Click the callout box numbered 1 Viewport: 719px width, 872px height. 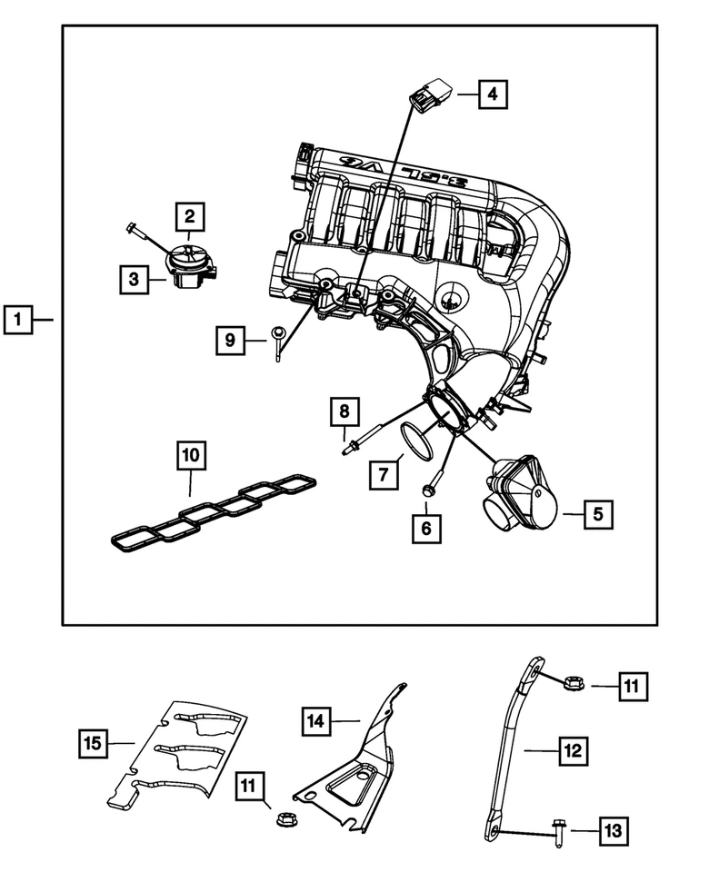[x=18, y=320]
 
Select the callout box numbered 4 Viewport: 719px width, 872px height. [x=490, y=94]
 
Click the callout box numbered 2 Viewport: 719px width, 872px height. [x=189, y=216]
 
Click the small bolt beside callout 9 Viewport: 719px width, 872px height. [x=277, y=342]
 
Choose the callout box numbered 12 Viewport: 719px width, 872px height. [x=571, y=751]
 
